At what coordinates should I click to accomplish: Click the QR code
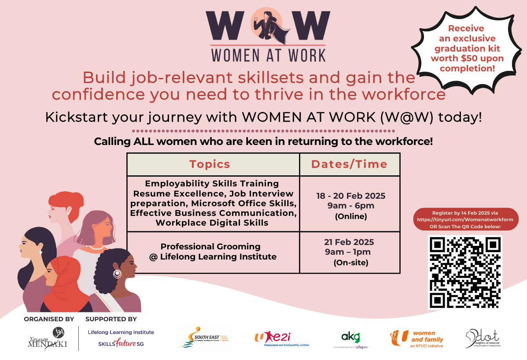(464, 272)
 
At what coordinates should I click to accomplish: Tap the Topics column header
(210, 164)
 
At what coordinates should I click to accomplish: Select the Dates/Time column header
(349, 164)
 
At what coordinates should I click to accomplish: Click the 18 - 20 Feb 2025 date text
(350, 196)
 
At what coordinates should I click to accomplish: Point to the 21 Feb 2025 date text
(351, 242)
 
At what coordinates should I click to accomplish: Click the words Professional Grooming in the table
(210, 247)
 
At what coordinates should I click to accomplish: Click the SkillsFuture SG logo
(121, 343)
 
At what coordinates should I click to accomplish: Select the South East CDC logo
(204, 338)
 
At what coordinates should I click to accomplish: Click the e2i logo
(282, 338)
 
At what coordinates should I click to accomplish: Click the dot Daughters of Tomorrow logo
(483, 338)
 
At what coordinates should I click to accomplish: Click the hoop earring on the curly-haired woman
(117, 274)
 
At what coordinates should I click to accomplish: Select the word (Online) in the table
(350, 216)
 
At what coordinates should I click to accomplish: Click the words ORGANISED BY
(49, 319)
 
